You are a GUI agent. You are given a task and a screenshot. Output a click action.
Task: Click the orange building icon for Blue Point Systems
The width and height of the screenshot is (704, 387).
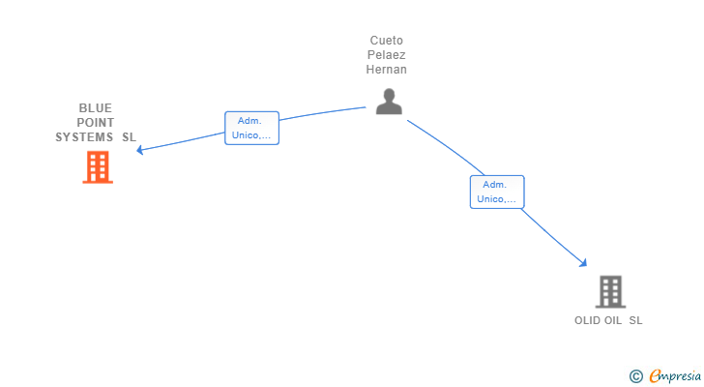[97, 167]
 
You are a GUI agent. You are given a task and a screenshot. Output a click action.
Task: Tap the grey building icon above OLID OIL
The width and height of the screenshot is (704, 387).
[609, 291]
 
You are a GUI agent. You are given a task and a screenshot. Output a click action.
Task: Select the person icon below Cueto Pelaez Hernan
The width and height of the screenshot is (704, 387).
[388, 102]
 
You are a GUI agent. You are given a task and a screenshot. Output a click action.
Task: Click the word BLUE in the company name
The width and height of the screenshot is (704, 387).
[96, 107]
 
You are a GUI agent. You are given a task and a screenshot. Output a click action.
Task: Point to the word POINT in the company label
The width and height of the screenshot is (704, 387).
[96, 122]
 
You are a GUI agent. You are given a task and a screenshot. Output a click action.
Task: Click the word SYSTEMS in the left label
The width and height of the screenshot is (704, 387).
[84, 136]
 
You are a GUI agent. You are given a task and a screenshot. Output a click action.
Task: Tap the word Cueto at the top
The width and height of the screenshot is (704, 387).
[387, 41]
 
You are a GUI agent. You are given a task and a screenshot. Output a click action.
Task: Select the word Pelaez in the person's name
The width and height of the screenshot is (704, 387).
[387, 55]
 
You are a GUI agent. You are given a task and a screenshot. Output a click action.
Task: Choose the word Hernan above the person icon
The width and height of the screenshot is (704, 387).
[387, 70]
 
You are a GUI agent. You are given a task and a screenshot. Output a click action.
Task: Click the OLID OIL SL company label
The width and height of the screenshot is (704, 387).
[608, 320]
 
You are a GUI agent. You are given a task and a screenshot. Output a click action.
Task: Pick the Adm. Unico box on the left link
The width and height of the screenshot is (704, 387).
[251, 129]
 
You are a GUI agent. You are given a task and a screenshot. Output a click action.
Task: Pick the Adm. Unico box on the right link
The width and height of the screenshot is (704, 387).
[497, 192]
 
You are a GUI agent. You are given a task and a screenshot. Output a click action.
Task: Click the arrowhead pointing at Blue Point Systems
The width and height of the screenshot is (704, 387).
[140, 150]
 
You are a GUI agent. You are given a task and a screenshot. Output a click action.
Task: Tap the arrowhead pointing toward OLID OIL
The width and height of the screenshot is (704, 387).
[583, 262]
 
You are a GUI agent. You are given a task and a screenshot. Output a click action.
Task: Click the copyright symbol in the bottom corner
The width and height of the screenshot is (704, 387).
[635, 376]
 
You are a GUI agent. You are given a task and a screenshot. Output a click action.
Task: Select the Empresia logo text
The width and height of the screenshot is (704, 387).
[674, 375]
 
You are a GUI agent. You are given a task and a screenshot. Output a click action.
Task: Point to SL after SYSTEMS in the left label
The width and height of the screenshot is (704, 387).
[129, 136]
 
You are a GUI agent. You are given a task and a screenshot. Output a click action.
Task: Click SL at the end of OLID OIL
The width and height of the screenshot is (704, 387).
[635, 320]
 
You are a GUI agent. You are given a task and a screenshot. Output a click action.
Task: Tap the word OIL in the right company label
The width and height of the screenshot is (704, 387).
[612, 320]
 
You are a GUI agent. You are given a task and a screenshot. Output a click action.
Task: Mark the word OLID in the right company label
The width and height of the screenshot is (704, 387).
[587, 320]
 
